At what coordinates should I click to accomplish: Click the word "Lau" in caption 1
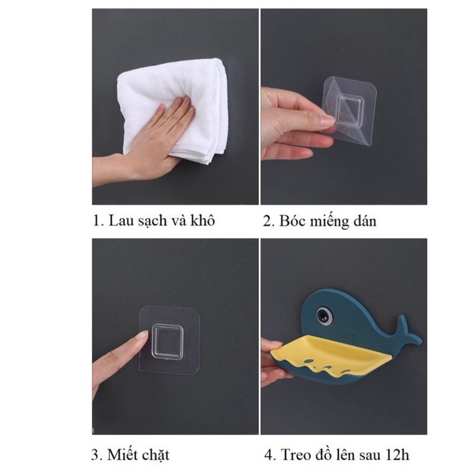point(120,222)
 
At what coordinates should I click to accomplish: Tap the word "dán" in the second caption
point(364,222)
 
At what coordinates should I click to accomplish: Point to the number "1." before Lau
point(98,222)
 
